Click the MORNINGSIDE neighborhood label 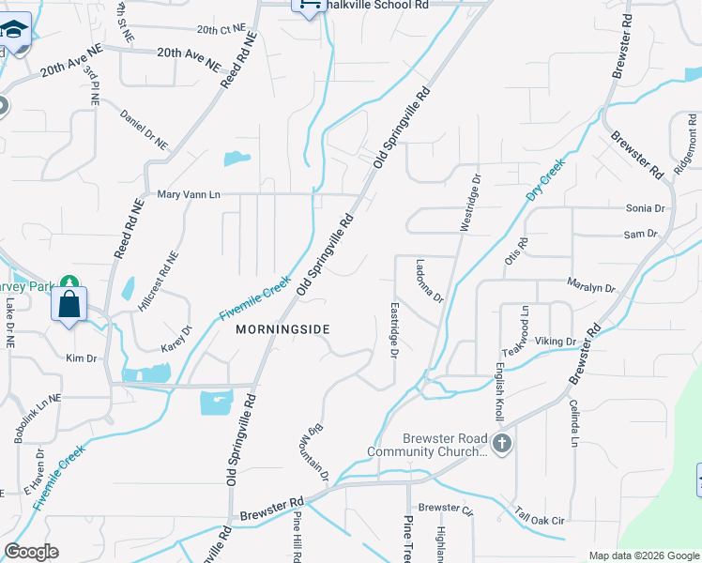282,329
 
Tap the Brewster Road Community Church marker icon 502,443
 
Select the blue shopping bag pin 69,305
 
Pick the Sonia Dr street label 645,208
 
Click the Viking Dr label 557,342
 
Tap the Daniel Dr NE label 144,129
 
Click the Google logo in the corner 31,551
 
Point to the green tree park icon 69,281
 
